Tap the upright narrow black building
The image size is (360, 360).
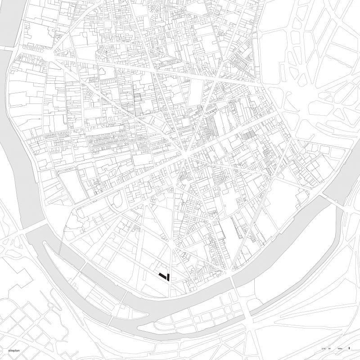[167, 276]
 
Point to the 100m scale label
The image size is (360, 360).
[339, 349]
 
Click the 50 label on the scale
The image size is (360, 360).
[330, 349]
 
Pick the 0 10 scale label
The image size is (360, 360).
[323, 349]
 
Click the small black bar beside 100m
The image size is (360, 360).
[349, 348]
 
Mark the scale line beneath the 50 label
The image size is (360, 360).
[330, 351]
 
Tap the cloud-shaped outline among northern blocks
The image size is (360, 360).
[103, 71]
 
